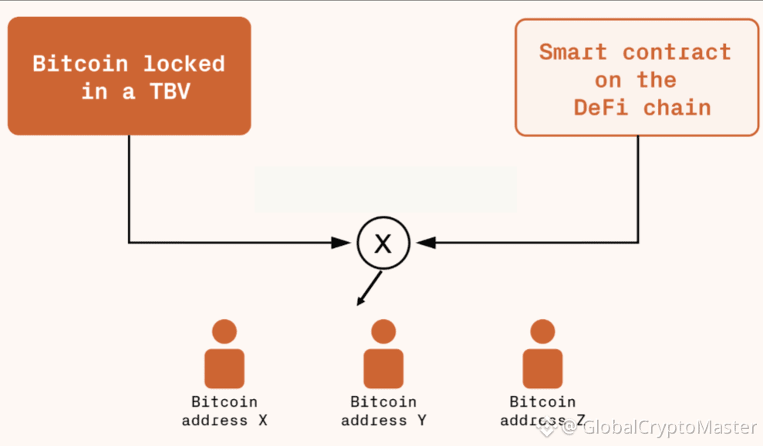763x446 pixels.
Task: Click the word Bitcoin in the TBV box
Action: [x=80, y=64]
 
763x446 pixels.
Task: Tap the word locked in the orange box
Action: [x=184, y=64]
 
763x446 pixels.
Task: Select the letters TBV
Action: [x=170, y=92]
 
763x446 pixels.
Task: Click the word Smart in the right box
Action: [x=573, y=52]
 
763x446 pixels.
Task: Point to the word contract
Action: [x=677, y=52]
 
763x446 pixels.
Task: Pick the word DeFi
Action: [x=601, y=107]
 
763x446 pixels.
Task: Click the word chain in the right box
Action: [x=677, y=107]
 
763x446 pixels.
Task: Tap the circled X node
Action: [x=383, y=243]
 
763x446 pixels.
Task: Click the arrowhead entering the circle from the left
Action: [x=341, y=243]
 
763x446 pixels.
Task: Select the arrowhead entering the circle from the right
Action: [x=426, y=243]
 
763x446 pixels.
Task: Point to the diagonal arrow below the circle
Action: [x=370, y=288]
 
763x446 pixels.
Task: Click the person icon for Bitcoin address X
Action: [x=225, y=354]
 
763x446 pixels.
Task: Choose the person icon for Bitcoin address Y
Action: [x=383, y=354]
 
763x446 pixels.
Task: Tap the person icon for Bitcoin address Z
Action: [x=542, y=354]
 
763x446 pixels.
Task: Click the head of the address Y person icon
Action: [x=383, y=331]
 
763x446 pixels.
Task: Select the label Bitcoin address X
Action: [x=225, y=411]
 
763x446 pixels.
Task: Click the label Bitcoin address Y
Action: [x=383, y=411]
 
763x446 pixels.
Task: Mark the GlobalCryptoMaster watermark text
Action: [x=670, y=427]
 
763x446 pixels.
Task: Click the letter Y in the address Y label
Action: [x=421, y=421]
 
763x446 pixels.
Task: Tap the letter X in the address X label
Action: [x=263, y=421]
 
